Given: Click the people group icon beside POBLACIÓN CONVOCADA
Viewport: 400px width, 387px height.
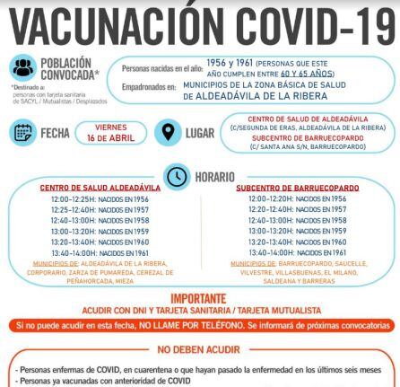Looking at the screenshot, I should click(x=24, y=69).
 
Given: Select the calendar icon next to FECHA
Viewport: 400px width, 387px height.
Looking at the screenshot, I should click(x=23, y=132).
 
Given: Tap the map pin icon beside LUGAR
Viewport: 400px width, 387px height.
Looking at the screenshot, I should click(x=165, y=132).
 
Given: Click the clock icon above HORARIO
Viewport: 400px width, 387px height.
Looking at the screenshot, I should click(x=177, y=176).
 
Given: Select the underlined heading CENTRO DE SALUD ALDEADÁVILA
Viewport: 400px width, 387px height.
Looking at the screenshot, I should click(x=100, y=187).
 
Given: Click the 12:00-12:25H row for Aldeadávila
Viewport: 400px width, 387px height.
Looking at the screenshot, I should click(x=100, y=198).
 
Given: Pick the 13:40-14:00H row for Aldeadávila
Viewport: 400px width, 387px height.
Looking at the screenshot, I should click(x=100, y=252).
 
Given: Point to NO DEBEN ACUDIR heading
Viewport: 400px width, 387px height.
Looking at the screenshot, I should click(x=201, y=349).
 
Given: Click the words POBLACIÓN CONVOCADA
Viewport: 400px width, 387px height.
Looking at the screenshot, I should click(x=66, y=69).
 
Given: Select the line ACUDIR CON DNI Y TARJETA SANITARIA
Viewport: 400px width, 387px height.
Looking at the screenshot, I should click(x=201, y=311).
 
